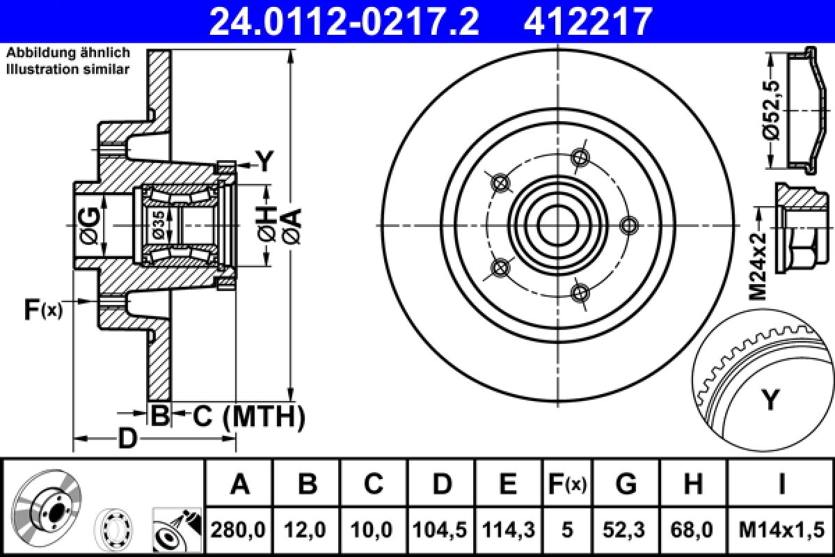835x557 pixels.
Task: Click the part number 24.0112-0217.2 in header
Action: click(x=344, y=21)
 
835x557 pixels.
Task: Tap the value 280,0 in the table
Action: click(x=239, y=530)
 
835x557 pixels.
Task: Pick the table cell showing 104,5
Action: click(x=442, y=530)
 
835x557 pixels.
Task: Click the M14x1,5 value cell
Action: click(x=781, y=530)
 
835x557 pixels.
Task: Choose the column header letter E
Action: click(x=509, y=483)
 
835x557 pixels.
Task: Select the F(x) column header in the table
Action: click(x=566, y=483)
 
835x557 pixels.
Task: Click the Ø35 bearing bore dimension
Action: click(x=159, y=225)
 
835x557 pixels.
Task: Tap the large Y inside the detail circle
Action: click(x=770, y=400)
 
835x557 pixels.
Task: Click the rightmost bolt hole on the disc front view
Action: click(x=628, y=225)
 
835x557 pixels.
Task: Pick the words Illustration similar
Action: click(x=67, y=68)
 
